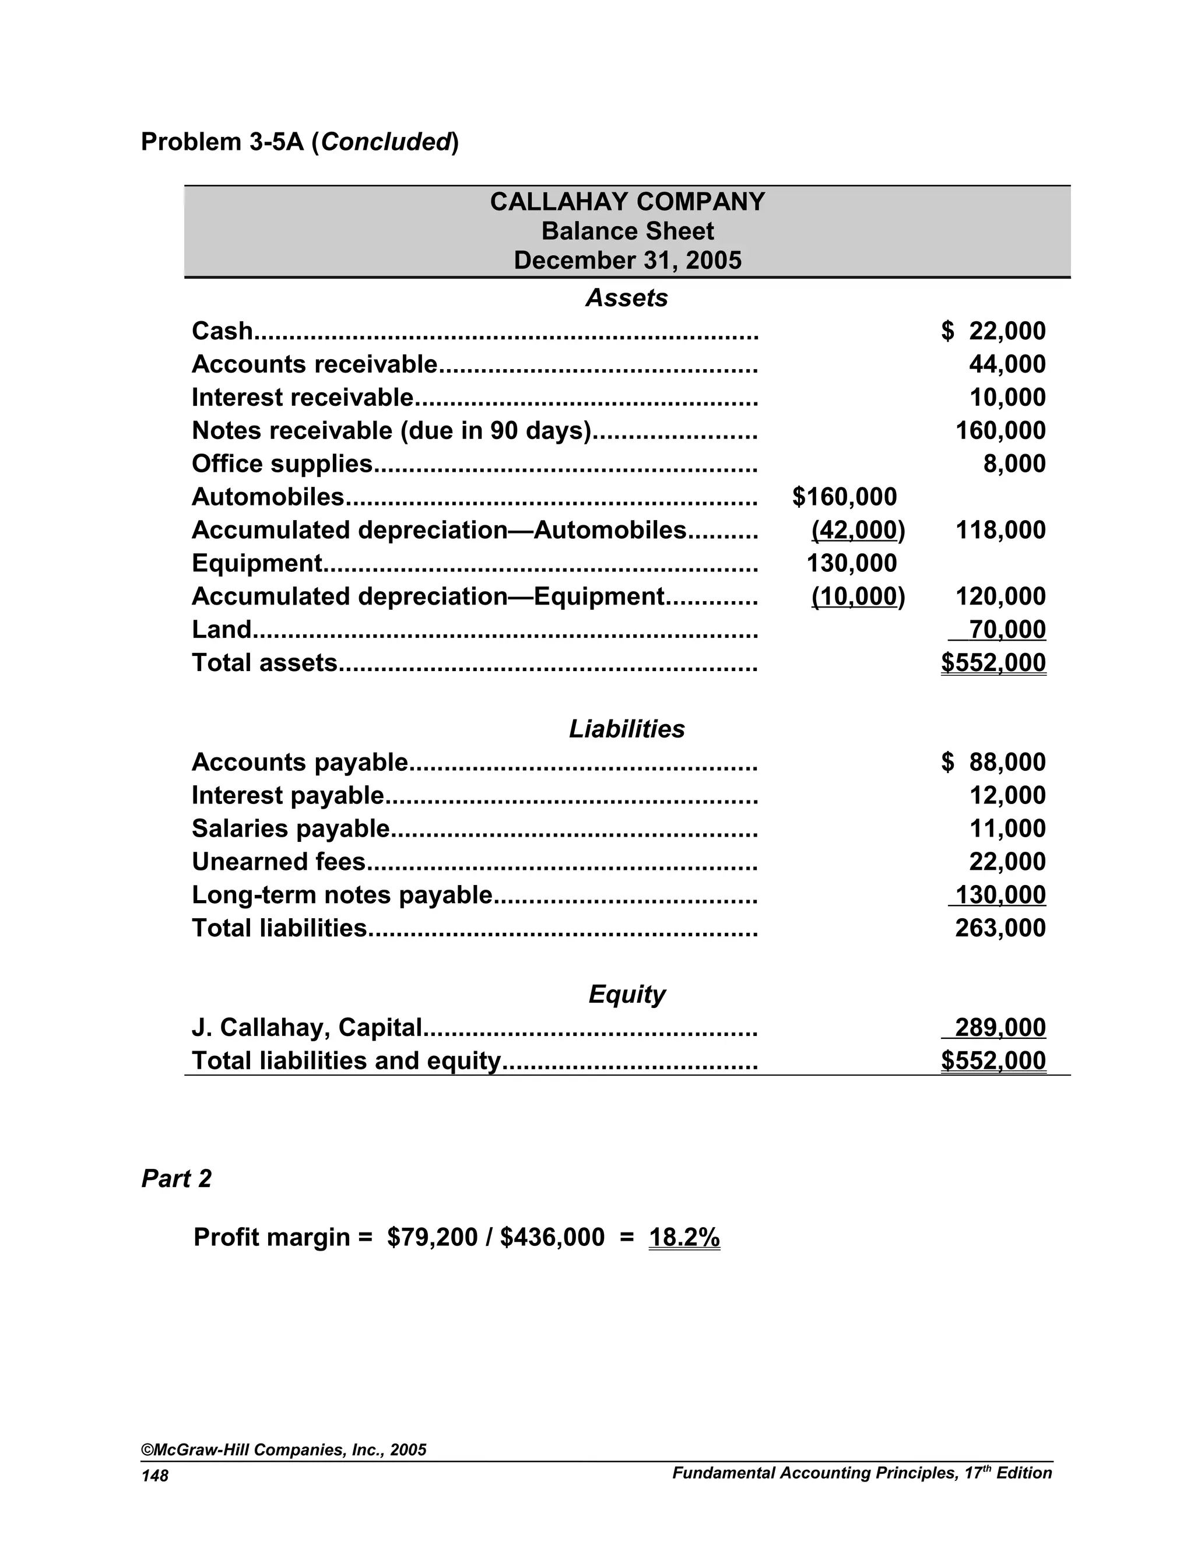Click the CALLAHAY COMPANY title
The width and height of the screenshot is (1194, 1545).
(x=627, y=202)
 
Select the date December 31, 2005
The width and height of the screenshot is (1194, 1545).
(x=627, y=261)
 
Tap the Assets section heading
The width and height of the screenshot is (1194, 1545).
(x=627, y=298)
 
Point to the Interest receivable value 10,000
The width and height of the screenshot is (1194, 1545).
(x=1007, y=398)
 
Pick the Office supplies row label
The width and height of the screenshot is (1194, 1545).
(x=282, y=464)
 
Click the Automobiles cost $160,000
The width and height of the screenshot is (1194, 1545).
(x=845, y=497)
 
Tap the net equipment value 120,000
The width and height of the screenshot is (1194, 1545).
(x=1000, y=596)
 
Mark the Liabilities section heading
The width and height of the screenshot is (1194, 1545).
(x=627, y=729)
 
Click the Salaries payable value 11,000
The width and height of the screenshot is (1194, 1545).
(x=1007, y=828)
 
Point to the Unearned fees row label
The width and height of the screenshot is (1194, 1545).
(x=279, y=862)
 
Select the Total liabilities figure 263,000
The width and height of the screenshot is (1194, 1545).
(x=1000, y=928)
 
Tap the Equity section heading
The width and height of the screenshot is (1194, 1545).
(x=627, y=995)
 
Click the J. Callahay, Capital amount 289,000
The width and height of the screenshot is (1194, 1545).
(x=1000, y=1028)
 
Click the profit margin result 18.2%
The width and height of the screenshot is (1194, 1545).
(x=684, y=1237)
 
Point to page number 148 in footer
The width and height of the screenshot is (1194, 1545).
(x=155, y=1476)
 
